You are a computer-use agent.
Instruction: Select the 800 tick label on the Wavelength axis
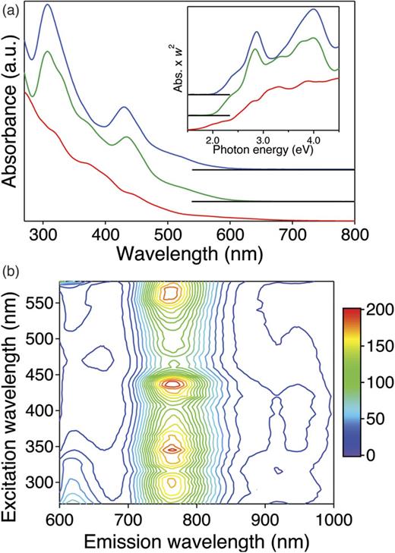(355, 234)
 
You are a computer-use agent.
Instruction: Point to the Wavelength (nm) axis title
(190, 251)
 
